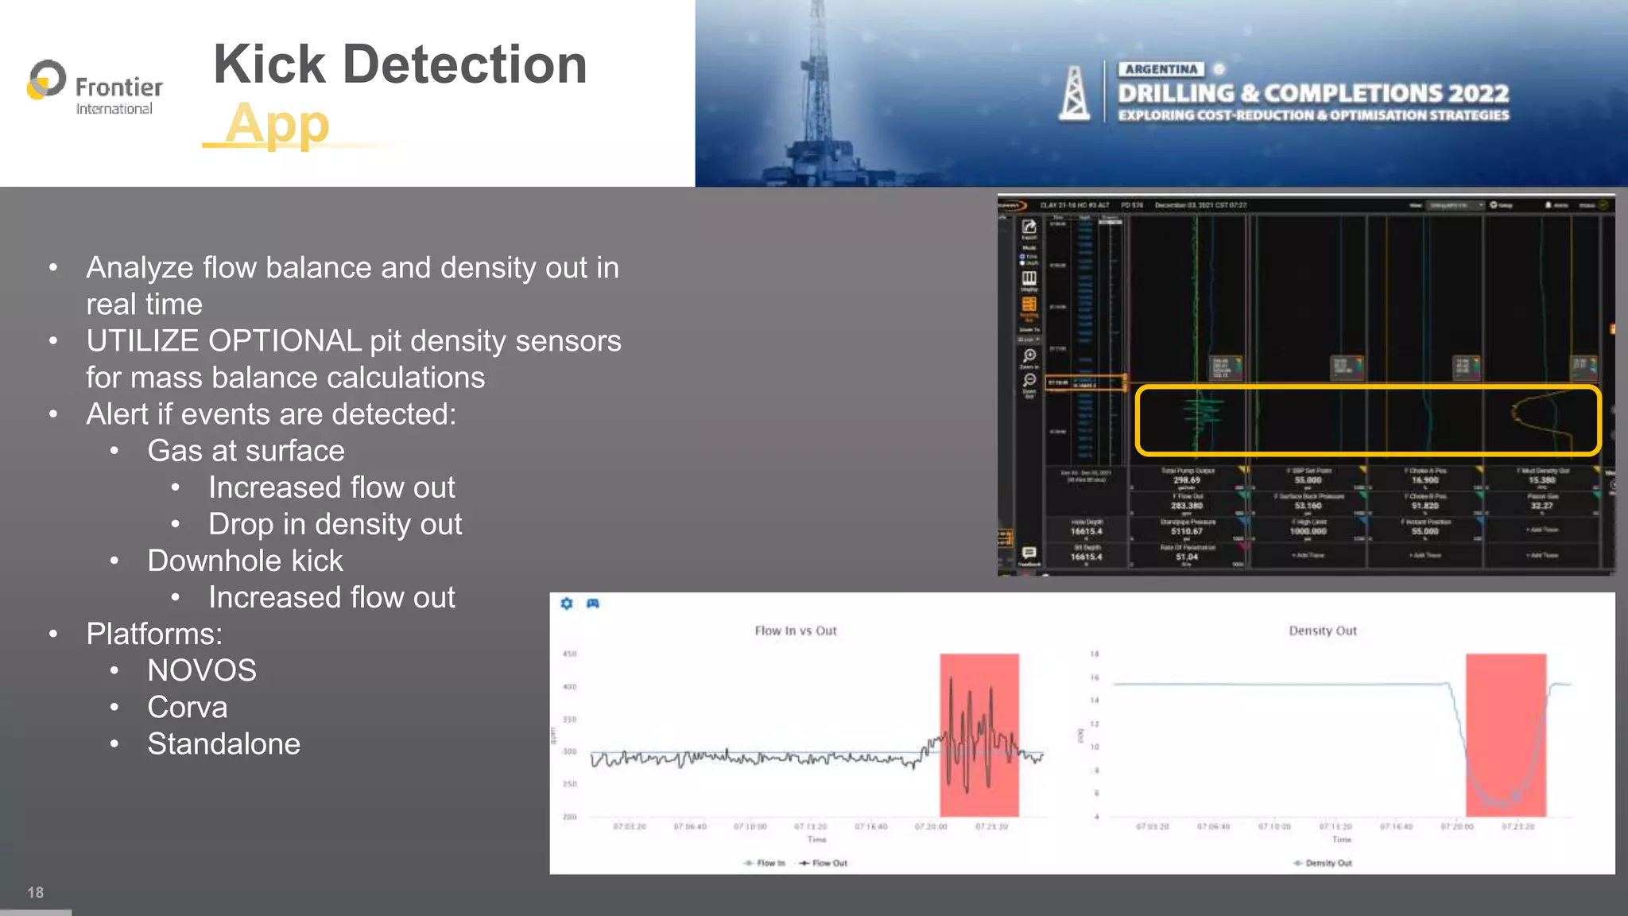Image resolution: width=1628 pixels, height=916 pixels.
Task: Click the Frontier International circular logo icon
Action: point(46,80)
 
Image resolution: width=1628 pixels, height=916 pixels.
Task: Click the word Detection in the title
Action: point(464,64)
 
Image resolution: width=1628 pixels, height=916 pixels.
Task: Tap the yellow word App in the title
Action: point(277,123)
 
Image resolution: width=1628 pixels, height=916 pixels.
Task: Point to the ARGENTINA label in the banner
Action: point(1161,69)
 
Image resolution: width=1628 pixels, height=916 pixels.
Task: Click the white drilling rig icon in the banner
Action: point(1074,94)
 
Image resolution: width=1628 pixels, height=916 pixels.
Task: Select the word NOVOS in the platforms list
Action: point(202,670)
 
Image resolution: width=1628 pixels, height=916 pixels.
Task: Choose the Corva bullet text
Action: point(188,707)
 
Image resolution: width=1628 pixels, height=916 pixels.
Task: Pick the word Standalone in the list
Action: point(224,743)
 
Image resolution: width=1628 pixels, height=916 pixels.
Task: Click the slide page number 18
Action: point(35,892)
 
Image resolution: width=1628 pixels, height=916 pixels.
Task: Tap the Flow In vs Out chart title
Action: point(796,631)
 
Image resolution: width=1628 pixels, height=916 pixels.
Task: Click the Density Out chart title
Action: point(1323,631)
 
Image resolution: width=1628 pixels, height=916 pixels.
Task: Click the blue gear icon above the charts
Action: point(567,604)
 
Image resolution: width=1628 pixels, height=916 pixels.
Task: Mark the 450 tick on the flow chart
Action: point(570,654)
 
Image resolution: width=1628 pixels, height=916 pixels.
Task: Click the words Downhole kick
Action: point(245,561)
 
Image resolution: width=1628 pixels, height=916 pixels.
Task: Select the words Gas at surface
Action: point(246,451)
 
